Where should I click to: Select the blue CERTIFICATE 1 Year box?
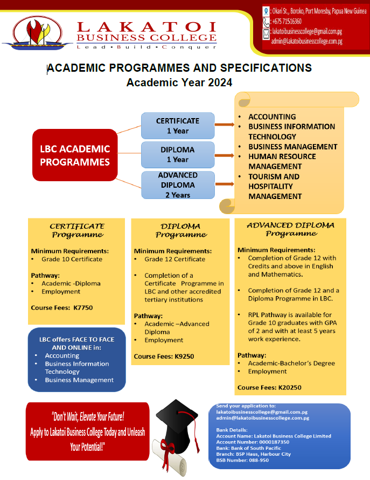(x=178, y=126)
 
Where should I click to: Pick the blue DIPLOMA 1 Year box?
(x=178, y=154)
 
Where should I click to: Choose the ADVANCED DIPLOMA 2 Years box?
(x=178, y=185)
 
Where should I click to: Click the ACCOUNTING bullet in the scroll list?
(x=272, y=116)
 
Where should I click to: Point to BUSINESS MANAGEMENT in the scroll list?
(x=292, y=147)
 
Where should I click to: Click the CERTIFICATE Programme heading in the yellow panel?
(x=77, y=230)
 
